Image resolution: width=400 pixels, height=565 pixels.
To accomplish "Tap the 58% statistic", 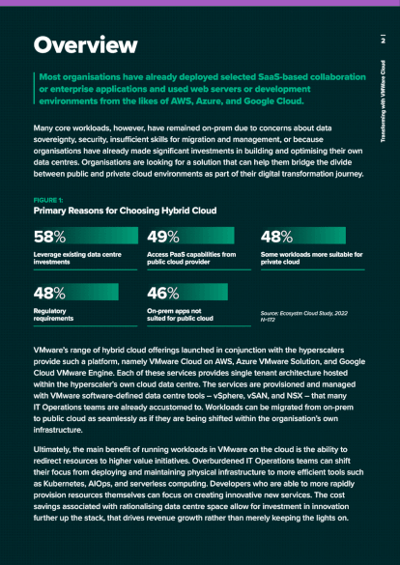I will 49,237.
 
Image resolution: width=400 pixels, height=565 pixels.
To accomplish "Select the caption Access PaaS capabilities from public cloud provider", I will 191,258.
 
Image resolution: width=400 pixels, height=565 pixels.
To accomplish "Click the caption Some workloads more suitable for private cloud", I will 309,258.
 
